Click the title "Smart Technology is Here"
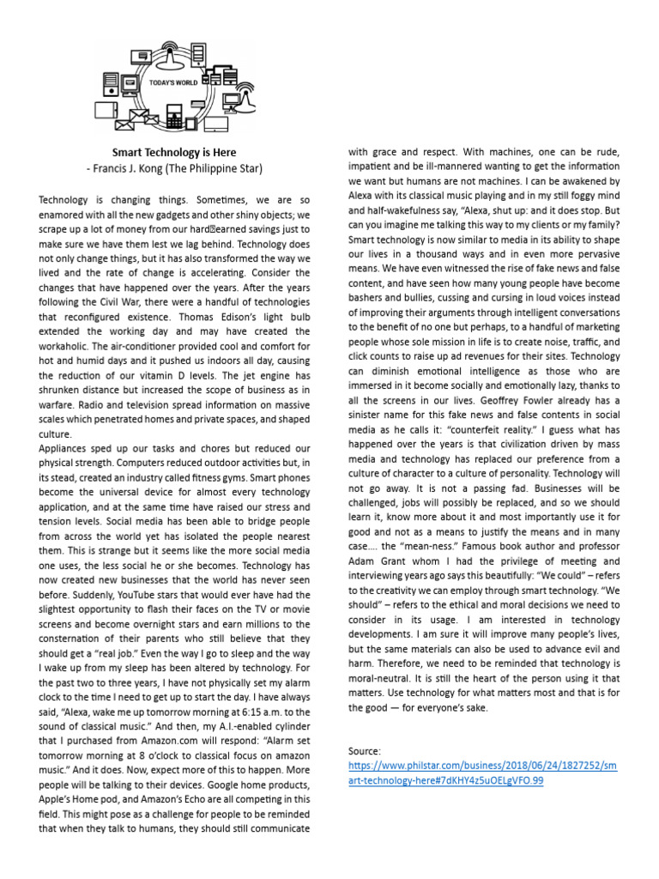[174, 152]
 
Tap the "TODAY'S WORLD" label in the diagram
[173, 83]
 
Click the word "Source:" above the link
[365, 751]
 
